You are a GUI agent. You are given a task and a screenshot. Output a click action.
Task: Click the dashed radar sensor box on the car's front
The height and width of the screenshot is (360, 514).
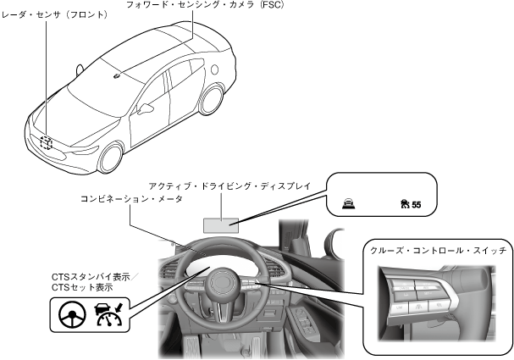pyautogui.click(x=47, y=143)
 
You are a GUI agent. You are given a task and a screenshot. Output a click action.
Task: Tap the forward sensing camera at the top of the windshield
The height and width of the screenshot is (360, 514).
pyautogui.click(x=115, y=77)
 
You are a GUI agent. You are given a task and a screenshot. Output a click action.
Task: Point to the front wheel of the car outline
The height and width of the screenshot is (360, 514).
pyautogui.click(x=110, y=158)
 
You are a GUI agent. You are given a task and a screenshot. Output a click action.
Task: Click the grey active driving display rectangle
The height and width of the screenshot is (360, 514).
pyautogui.click(x=220, y=224)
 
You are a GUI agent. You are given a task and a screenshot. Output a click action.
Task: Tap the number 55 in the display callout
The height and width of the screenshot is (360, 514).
pyautogui.click(x=416, y=204)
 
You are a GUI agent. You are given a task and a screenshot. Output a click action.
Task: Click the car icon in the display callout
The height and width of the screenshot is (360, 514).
pyautogui.click(x=347, y=203)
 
